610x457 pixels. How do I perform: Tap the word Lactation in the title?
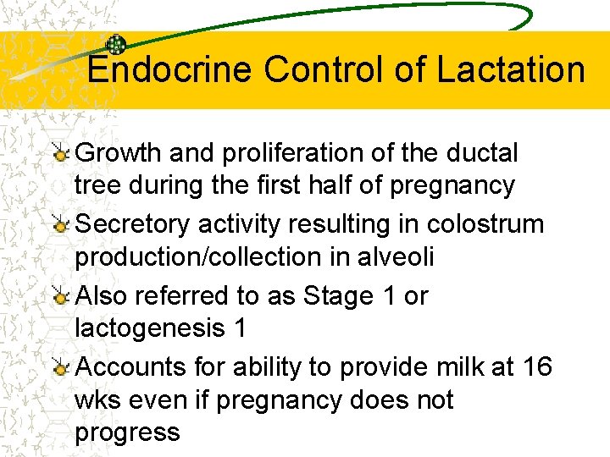coord(511,69)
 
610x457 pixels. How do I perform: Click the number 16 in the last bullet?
coord(537,367)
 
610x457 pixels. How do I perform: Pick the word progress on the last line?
coord(127,433)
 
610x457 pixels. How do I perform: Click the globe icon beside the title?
coord(116,46)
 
